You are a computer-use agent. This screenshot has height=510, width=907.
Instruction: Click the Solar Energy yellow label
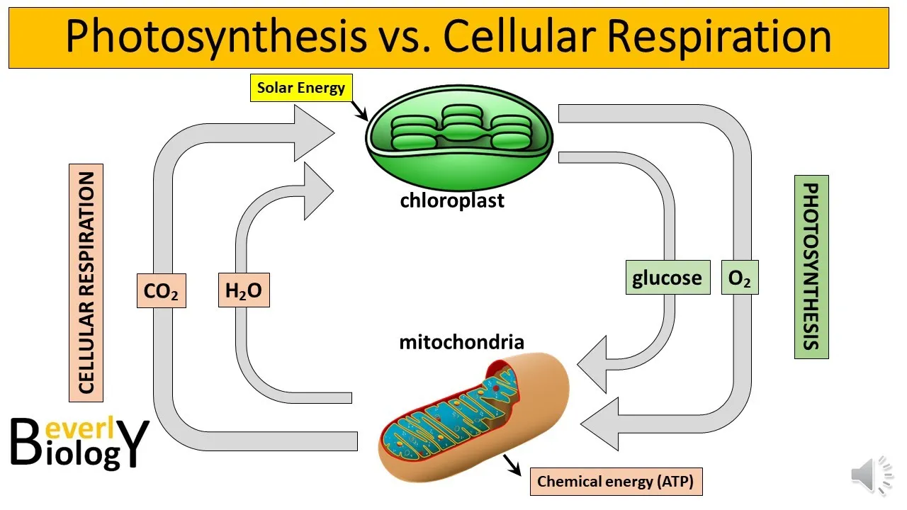pyautogui.click(x=301, y=88)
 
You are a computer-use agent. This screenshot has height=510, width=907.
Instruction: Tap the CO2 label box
pyautogui.click(x=162, y=290)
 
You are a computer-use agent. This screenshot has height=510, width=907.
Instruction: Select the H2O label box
pyautogui.click(x=244, y=290)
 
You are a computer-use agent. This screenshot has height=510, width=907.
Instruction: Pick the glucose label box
pyautogui.click(x=667, y=277)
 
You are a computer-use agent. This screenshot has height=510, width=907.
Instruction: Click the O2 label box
pyautogui.click(x=740, y=277)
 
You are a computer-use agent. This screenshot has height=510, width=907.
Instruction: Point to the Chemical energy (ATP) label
pyautogui.click(x=616, y=482)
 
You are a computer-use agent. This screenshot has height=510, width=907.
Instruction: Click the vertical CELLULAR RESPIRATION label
pyautogui.click(x=86, y=283)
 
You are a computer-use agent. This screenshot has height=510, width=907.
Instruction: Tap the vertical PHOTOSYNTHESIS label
pyautogui.click(x=811, y=267)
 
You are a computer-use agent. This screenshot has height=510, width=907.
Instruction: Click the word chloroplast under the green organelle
pyautogui.click(x=452, y=200)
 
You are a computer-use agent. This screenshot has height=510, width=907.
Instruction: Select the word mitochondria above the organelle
pyautogui.click(x=461, y=342)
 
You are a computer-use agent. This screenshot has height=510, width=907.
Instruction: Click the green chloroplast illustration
pyautogui.click(x=459, y=137)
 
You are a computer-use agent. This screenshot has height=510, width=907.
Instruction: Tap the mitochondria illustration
pyautogui.click(x=474, y=417)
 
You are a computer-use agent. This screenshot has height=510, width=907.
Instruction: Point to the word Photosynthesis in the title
pyautogui.click(x=216, y=36)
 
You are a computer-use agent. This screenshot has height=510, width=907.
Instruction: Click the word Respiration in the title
pyautogui.click(x=719, y=38)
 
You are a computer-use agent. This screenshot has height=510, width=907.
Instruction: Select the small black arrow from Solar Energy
pyautogui.click(x=359, y=110)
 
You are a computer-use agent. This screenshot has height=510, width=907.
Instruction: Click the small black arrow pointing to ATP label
pyautogui.click(x=512, y=465)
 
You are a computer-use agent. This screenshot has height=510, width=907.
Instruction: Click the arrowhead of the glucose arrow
pyautogui.click(x=592, y=364)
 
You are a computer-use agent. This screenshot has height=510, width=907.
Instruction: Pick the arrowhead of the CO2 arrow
pyautogui.click(x=315, y=132)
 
